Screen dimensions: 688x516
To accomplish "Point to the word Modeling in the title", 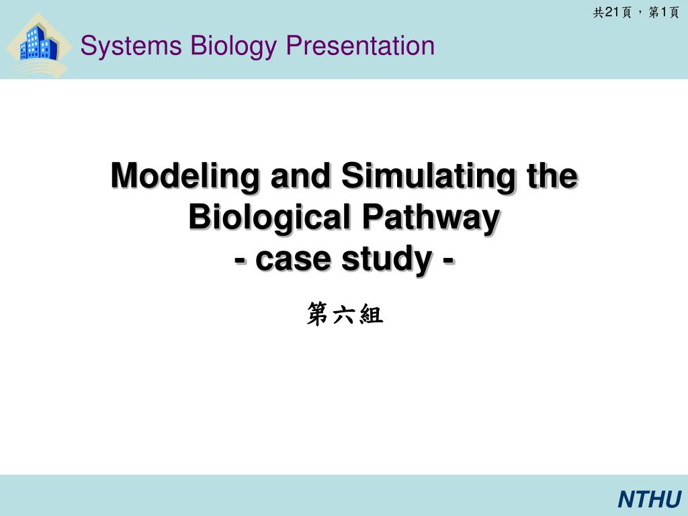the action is pos(185,177).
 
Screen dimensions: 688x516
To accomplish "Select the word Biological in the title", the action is pos(269,218).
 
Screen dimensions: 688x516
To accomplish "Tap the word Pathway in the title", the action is pos(431,218).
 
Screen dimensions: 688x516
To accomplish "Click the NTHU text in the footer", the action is pos(650,499).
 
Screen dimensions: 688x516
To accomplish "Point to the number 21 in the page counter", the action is pos(611,12).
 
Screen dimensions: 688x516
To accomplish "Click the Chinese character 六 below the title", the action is pos(345,314).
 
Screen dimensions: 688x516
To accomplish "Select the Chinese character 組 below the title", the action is pos(371,314).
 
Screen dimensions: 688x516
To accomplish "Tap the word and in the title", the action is pos(300,175).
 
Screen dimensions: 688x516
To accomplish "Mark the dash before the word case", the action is pos(240,261).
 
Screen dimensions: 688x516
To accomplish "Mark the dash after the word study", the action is pos(448,261).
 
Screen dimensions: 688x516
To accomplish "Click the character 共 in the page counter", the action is pos(599,13).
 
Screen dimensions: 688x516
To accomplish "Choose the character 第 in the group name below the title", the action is pos(318,314).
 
